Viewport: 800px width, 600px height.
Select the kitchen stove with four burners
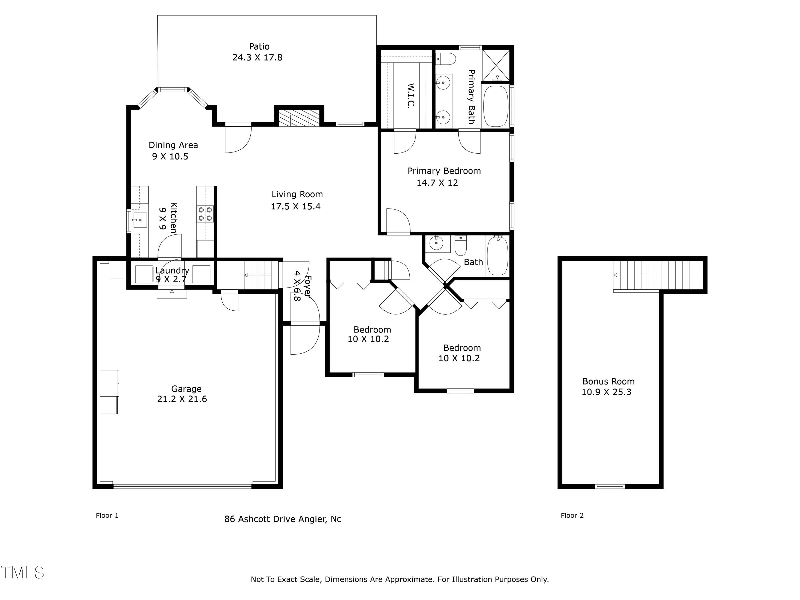[x=205, y=214]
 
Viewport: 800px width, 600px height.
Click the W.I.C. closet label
[x=410, y=95]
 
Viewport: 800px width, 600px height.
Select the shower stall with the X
[x=496, y=65]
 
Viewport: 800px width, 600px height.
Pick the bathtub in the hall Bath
[x=498, y=256]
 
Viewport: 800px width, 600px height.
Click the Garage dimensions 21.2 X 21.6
[x=182, y=399]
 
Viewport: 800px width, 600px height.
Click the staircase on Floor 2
[x=658, y=275]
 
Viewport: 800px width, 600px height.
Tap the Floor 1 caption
[x=107, y=515]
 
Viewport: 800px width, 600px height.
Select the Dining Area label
[x=173, y=145]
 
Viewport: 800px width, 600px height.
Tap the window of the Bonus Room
[x=610, y=486]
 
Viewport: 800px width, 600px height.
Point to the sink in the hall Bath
[x=437, y=243]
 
